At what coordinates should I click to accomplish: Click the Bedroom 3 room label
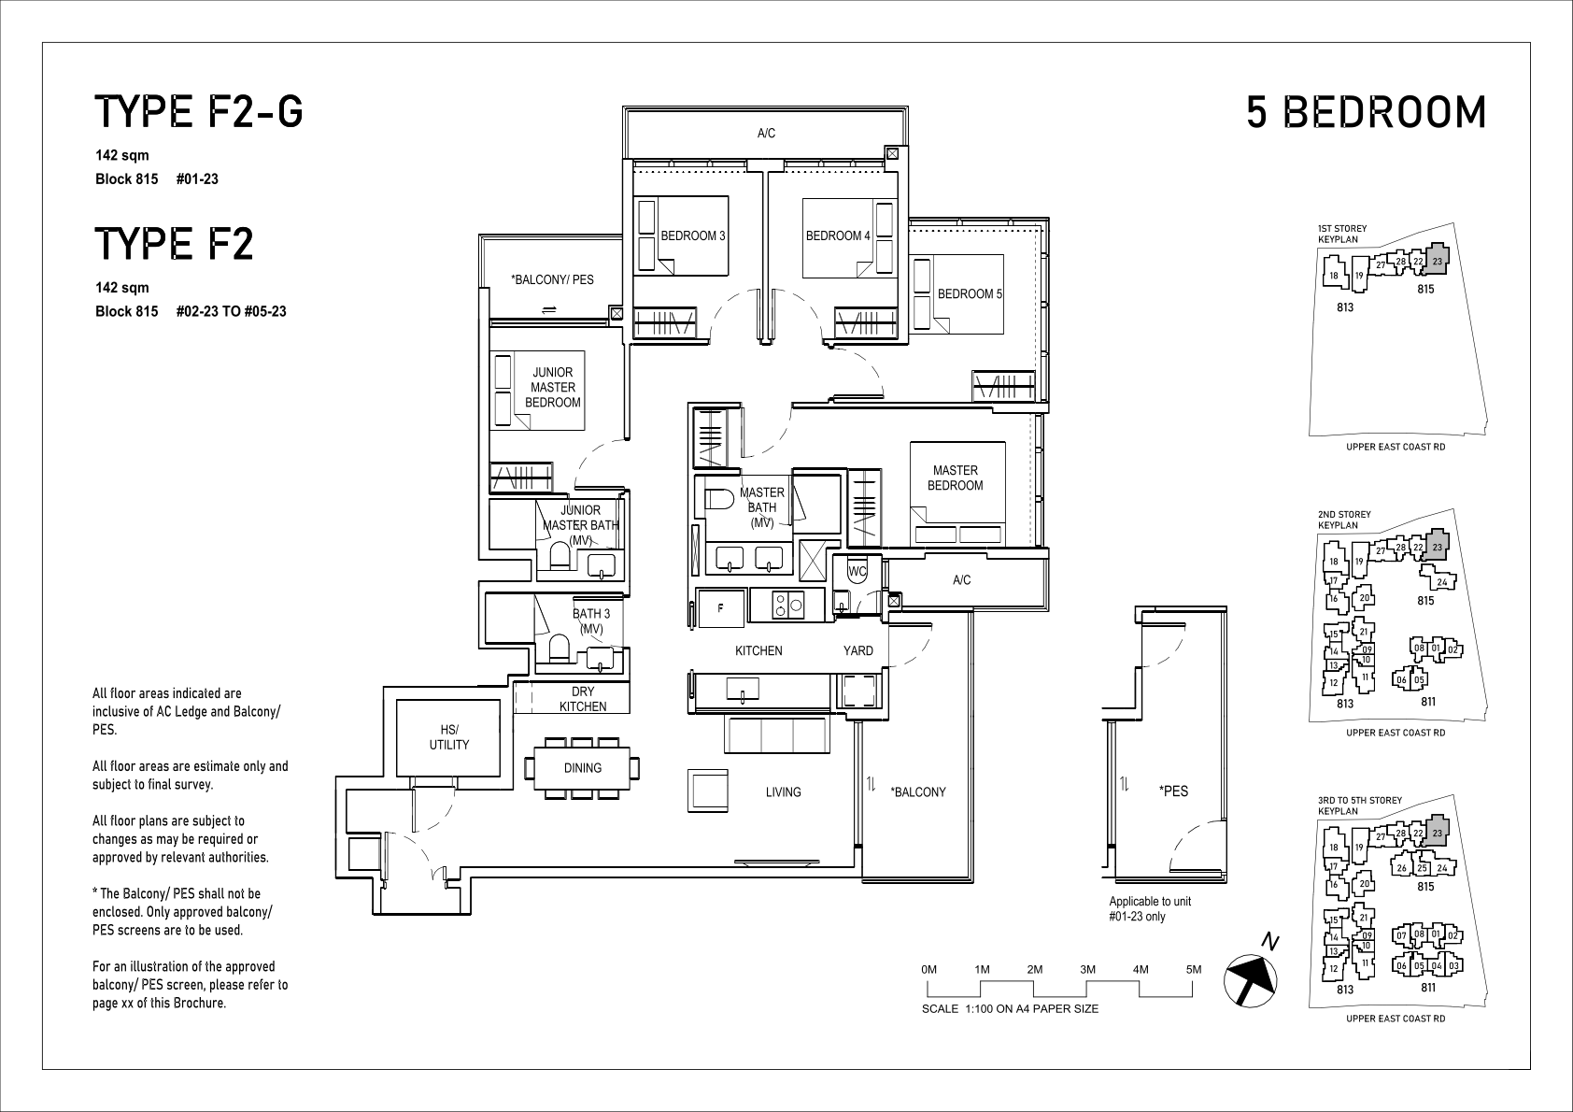click(x=692, y=236)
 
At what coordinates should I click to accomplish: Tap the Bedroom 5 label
click(x=970, y=294)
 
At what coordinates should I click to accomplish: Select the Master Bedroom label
click(x=955, y=478)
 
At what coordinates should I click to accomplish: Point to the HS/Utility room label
click(x=449, y=737)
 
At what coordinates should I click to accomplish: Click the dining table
click(x=582, y=768)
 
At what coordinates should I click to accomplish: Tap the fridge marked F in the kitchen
click(x=720, y=608)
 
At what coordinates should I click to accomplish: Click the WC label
click(x=857, y=571)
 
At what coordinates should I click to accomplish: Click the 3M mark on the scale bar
click(x=1088, y=970)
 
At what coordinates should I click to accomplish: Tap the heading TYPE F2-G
click(x=199, y=112)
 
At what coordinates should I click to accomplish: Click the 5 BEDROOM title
click(x=1366, y=112)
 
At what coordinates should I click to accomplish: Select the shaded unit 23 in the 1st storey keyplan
click(x=1437, y=261)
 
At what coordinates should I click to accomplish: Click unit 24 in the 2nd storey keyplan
click(x=1441, y=581)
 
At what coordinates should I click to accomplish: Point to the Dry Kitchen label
click(x=583, y=699)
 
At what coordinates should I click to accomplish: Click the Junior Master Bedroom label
click(x=553, y=387)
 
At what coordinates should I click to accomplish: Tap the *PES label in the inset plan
click(x=1173, y=791)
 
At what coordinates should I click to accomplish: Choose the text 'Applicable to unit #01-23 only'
click(x=1150, y=909)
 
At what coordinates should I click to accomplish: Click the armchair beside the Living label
click(x=708, y=791)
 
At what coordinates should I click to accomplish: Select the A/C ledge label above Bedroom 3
click(x=766, y=134)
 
